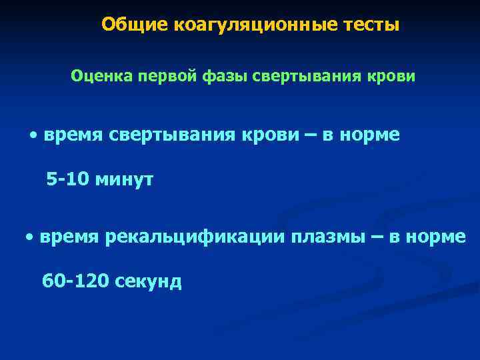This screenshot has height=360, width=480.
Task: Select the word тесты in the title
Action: click(x=373, y=25)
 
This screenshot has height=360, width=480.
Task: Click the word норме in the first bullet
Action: click(x=370, y=135)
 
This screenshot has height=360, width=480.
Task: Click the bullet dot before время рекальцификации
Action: click(x=30, y=237)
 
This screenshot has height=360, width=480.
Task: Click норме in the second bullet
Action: click(x=436, y=237)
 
